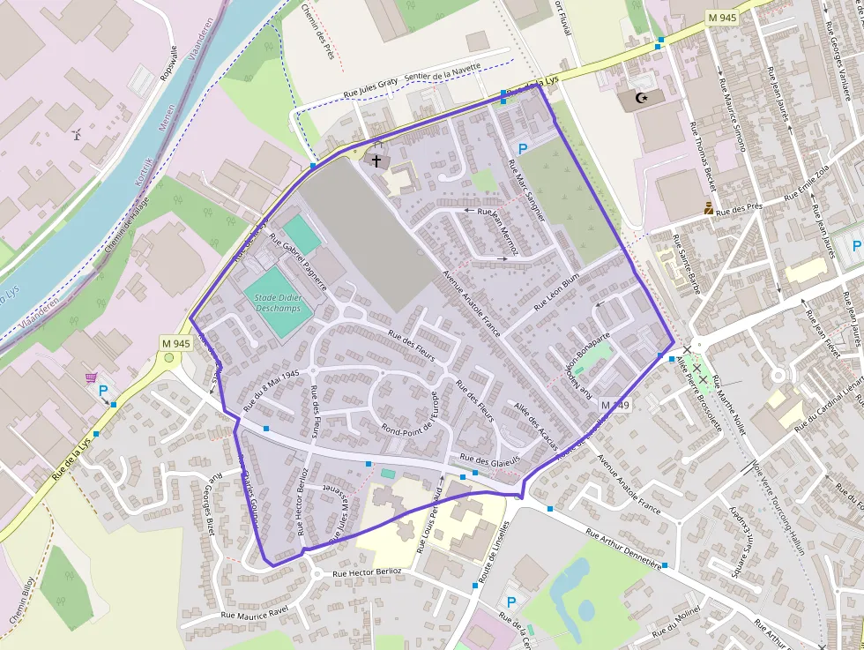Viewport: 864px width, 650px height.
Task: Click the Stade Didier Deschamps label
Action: point(278,303)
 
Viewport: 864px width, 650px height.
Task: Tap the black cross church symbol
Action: point(377,161)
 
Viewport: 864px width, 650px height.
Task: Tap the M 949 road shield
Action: point(616,405)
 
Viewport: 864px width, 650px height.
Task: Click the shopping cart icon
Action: point(91,377)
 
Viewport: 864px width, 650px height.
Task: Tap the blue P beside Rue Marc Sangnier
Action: point(523,150)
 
